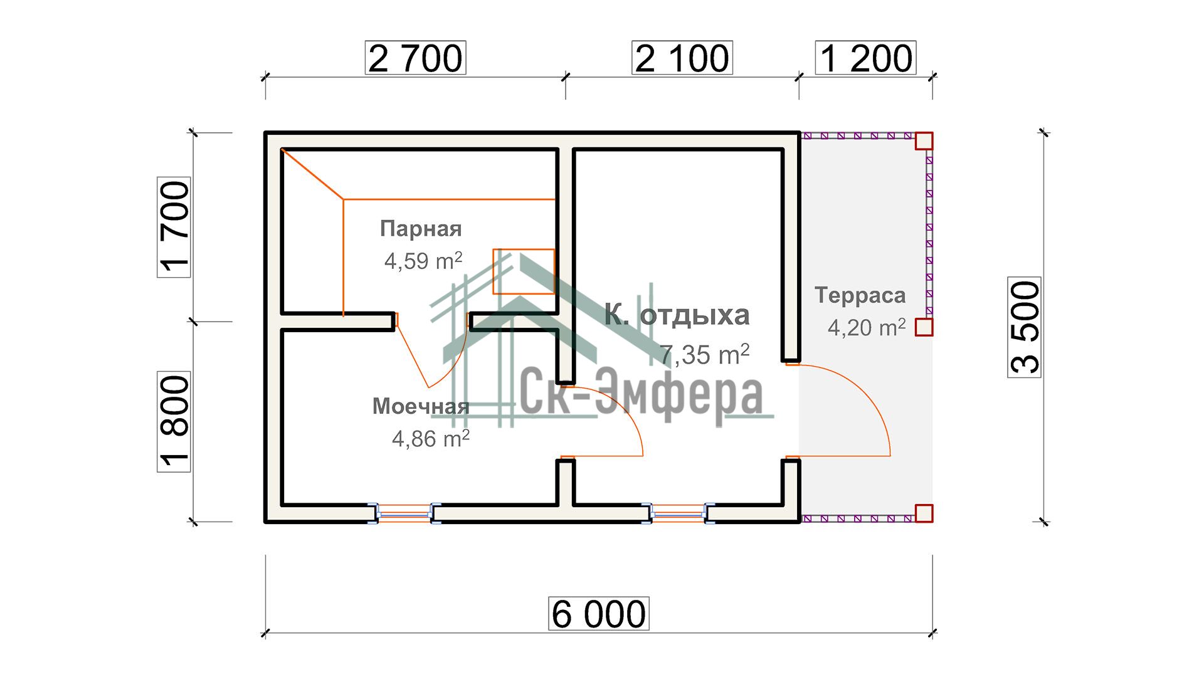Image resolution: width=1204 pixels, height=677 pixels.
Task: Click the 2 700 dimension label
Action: point(416,58)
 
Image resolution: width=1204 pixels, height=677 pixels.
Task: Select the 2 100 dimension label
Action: point(682,58)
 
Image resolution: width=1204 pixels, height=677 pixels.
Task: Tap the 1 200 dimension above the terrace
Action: point(866,58)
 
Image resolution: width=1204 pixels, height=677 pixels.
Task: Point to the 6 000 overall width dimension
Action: point(599,614)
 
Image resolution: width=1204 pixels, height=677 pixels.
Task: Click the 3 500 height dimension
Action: point(1025,327)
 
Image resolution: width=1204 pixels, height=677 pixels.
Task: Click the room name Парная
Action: point(421,229)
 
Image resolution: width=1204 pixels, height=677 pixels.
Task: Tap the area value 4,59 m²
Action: point(423,261)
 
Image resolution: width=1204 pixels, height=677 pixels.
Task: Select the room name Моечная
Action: point(421,406)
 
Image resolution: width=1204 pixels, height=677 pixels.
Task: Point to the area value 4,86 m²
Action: point(431,438)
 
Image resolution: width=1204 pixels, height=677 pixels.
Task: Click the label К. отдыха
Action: point(677,315)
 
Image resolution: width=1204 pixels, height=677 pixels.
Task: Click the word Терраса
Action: point(860,295)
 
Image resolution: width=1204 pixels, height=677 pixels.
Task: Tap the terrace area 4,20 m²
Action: point(867,327)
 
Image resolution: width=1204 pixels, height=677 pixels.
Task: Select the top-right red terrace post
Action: point(924,141)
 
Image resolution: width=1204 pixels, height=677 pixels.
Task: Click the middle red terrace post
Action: point(924,327)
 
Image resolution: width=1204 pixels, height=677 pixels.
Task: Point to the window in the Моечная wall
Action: point(404,513)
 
